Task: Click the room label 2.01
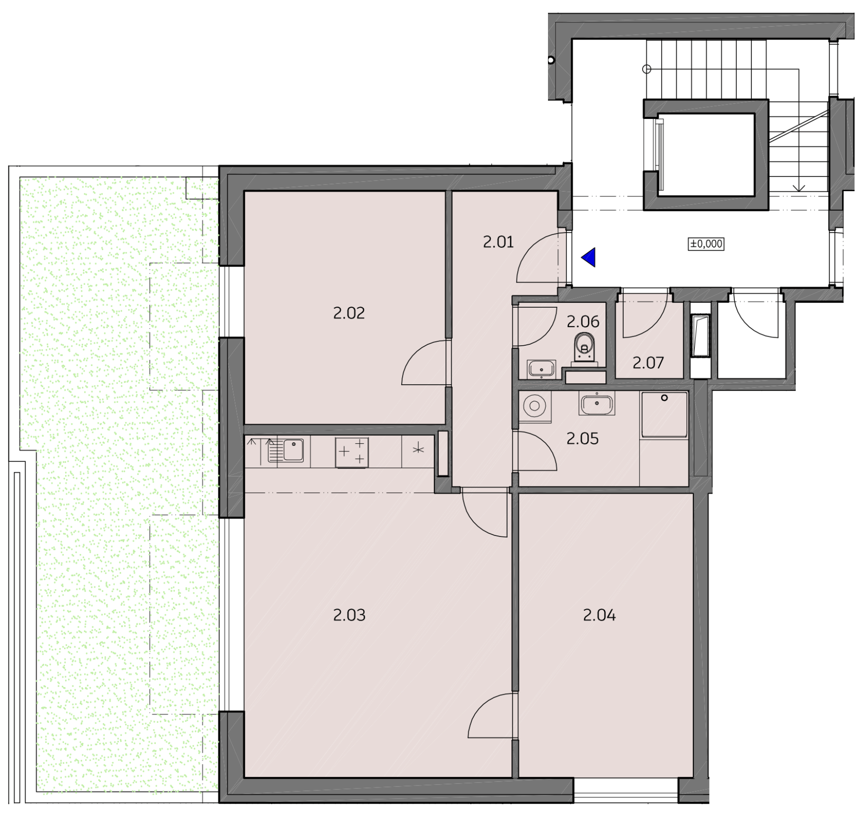coord(498,243)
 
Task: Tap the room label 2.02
coord(349,313)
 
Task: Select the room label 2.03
coord(349,615)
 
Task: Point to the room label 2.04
coord(599,615)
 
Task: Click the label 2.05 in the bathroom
coord(583,439)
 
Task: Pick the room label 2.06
coord(583,322)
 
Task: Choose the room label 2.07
coord(648,363)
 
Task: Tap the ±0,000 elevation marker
coord(706,244)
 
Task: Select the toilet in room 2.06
coord(584,349)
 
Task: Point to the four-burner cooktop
coord(352,452)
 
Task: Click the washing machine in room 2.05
coord(535,406)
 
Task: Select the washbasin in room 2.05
coord(597,404)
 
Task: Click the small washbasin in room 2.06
coord(541,369)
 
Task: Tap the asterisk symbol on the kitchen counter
coord(418,449)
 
